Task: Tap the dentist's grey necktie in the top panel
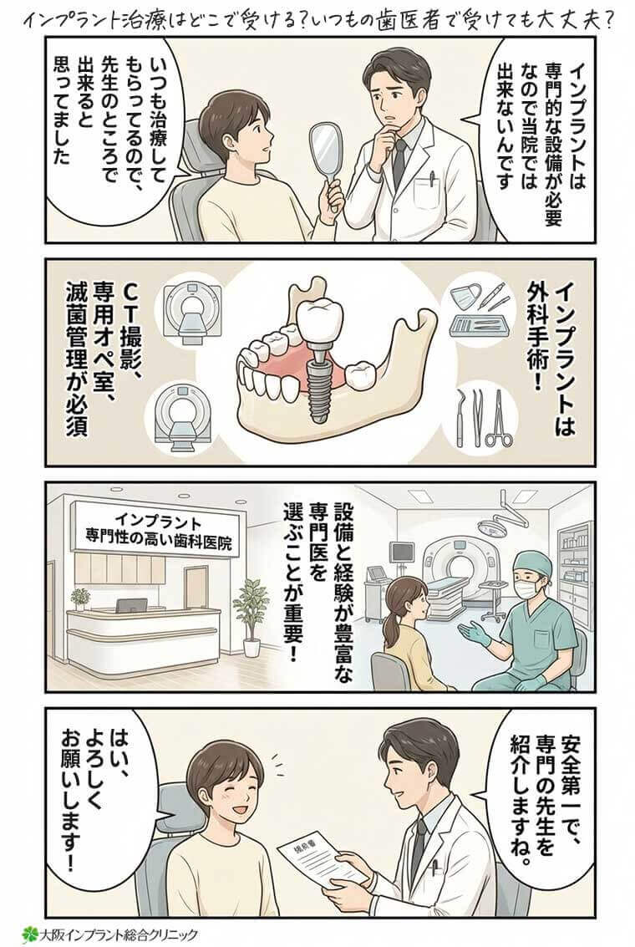[x=399, y=159]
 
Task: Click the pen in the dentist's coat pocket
[x=432, y=179]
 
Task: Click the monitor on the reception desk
[x=131, y=604]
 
